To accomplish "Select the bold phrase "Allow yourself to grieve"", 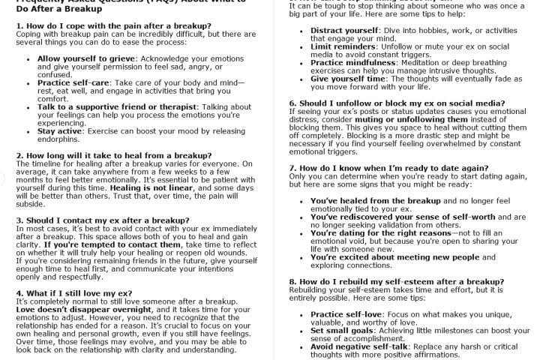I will [x=84, y=58].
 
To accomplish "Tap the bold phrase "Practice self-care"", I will [x=72, y=82].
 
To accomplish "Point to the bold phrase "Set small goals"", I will [x=340, y=330].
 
